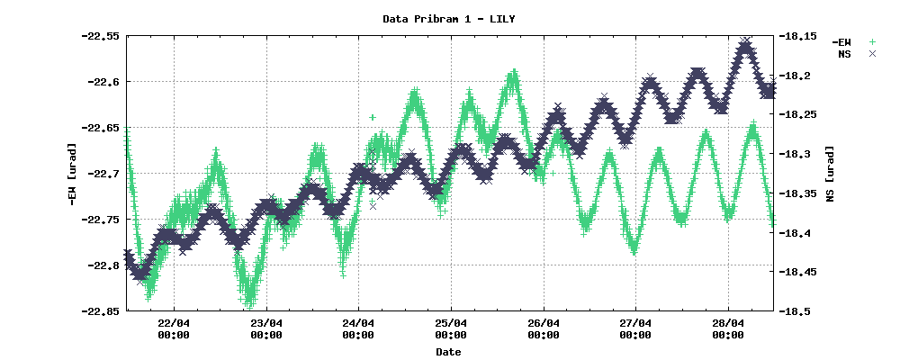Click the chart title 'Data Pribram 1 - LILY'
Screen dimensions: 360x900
[x=449, y=18]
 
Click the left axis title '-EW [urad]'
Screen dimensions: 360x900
[x=71, y=174]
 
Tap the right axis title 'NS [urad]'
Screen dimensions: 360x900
[x=830, y=174]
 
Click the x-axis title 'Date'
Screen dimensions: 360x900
[x=448, y=352]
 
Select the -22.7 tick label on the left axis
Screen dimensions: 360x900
[x=103, y=174]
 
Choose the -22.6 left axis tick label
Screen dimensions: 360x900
[x=103, y=82]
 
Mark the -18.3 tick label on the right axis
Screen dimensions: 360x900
[x=796, y=154]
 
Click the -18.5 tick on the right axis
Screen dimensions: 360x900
[x=796, y=311]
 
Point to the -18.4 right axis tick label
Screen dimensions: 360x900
[x=796, y=233]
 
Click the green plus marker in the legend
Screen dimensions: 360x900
[x=871, y=42]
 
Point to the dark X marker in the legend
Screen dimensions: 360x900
[x=871, y=54]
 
